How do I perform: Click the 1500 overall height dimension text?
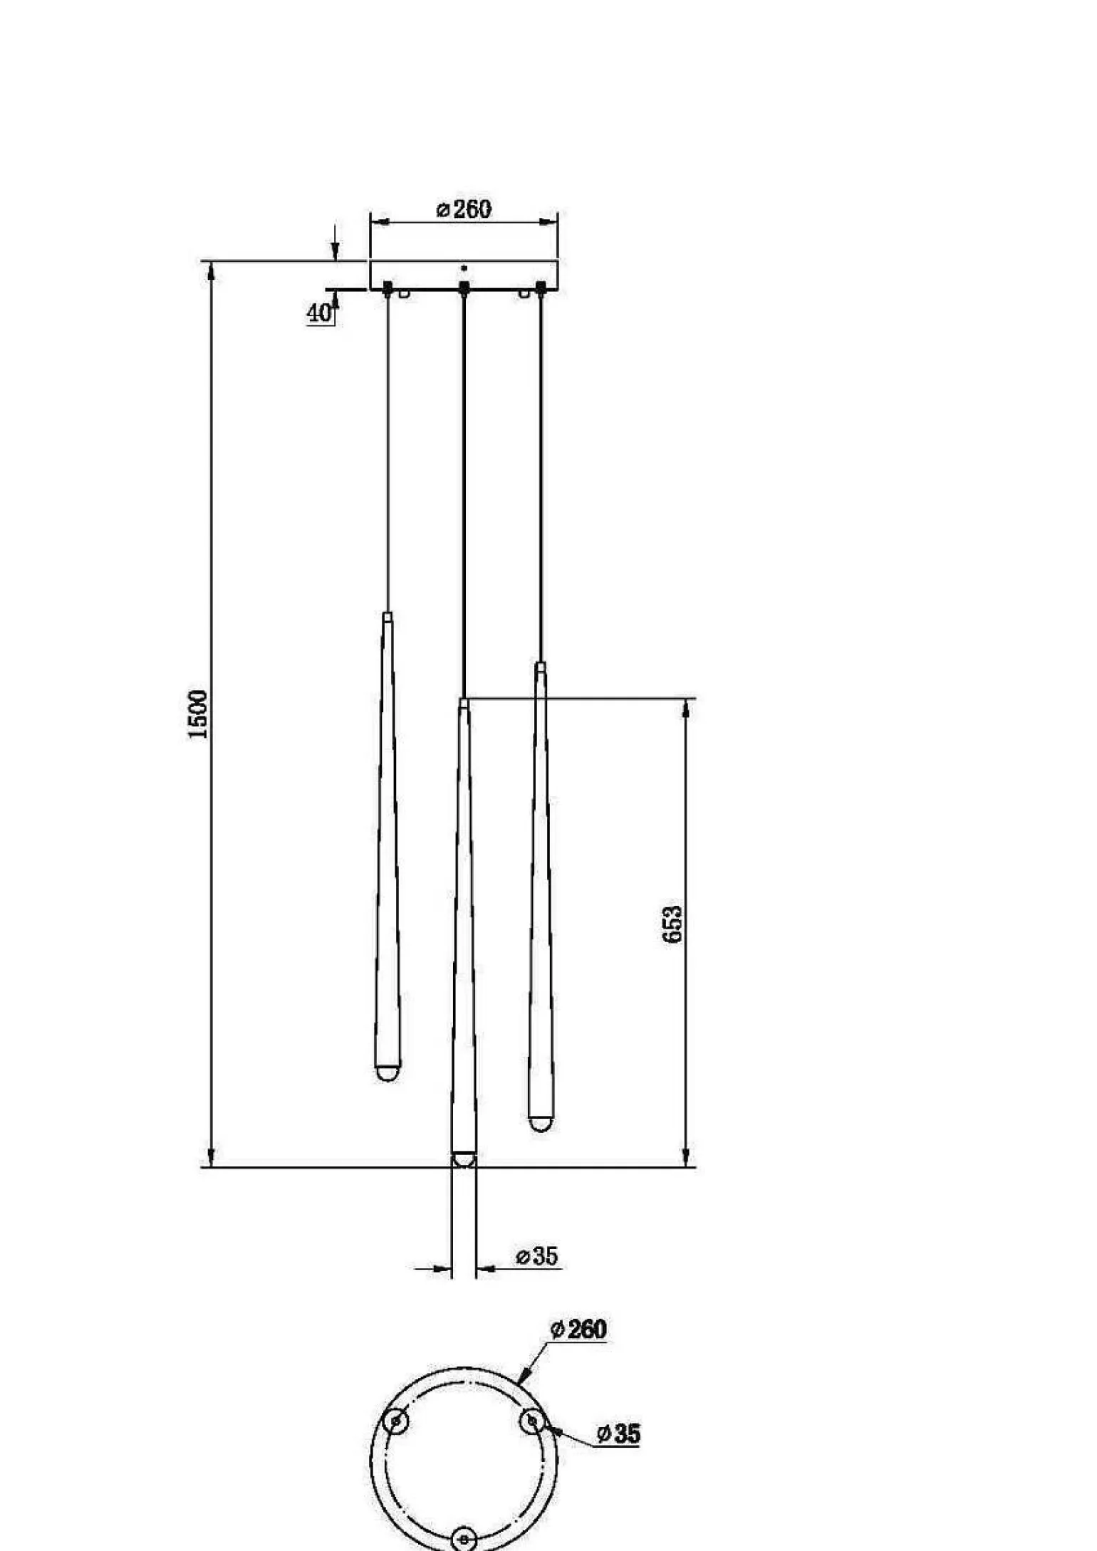197,714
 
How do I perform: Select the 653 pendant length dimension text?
672,924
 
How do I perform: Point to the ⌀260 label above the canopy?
464,209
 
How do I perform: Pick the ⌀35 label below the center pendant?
537,1255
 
